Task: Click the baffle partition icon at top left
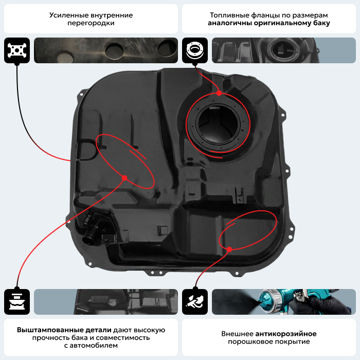16,50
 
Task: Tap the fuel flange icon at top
194,50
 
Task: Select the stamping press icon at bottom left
16,302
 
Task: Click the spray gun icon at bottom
194,302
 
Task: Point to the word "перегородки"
91,23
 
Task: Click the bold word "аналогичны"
228,23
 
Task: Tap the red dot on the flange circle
219,94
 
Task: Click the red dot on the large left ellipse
124,178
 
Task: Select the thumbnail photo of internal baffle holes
105,50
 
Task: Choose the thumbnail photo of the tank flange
283,50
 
